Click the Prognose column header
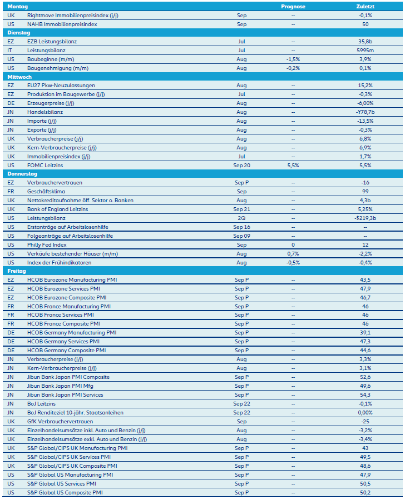tap(293, 6)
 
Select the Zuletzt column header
tap(366, 6)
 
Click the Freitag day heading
tap(17, 271)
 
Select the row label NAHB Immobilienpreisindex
tap(62, 24)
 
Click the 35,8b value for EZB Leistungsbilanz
tap(366, 42)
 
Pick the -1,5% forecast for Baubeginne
tap(293, 59)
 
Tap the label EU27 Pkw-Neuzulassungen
tap(61, 86)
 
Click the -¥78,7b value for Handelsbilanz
tap(366, 112)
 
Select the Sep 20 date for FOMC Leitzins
tap(241, 165)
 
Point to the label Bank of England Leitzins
tap(57, 209)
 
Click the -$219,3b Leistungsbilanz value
tap(366, 218)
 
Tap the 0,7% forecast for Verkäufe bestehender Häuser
tap(293, 253)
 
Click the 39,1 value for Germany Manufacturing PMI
tap(366, 333)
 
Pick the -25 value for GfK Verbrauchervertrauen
tap(366, 421)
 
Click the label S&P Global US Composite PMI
tap(65, 492)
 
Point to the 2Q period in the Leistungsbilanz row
tap(241, 218)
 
